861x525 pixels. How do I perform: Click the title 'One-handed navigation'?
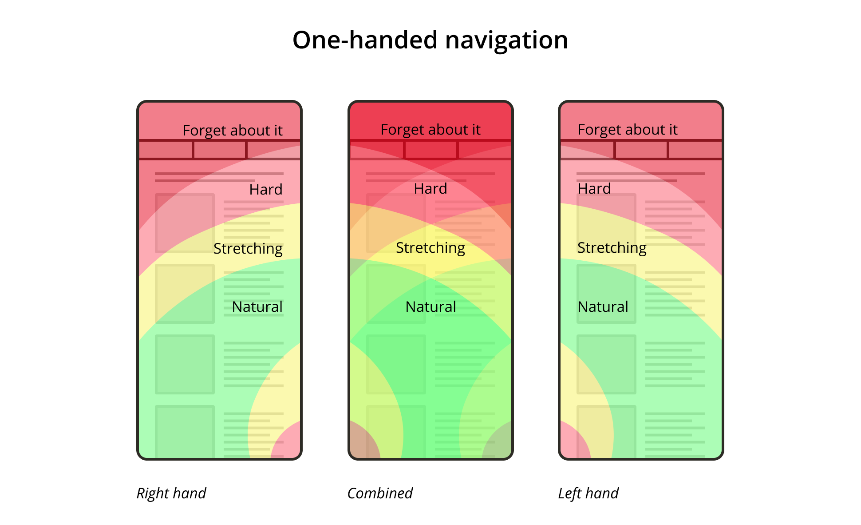point(430,40)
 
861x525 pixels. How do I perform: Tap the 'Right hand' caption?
point(171,493)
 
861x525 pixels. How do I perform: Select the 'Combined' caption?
point(380,493)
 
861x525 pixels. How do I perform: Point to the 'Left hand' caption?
point(588,493)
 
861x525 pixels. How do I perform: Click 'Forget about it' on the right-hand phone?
point(232,131)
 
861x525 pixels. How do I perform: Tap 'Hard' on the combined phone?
point(430,189)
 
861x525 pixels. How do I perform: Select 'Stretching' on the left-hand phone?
point(612,248)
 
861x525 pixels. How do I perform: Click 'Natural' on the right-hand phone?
point(257,307)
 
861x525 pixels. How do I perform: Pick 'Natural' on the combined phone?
point(430,307)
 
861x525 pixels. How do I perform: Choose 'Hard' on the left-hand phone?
point(594,189)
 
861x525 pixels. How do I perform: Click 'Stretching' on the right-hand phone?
point(248,249)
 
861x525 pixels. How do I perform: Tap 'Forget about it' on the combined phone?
point(430,130)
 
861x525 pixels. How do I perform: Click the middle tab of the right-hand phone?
point(220,150)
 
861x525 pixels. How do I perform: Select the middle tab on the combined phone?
point(430,150)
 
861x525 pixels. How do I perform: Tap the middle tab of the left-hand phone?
point(641,150)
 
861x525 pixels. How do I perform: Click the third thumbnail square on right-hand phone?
point(185,364)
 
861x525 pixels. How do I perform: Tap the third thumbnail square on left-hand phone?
point(606,364)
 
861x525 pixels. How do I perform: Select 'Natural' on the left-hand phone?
point(603,307)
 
